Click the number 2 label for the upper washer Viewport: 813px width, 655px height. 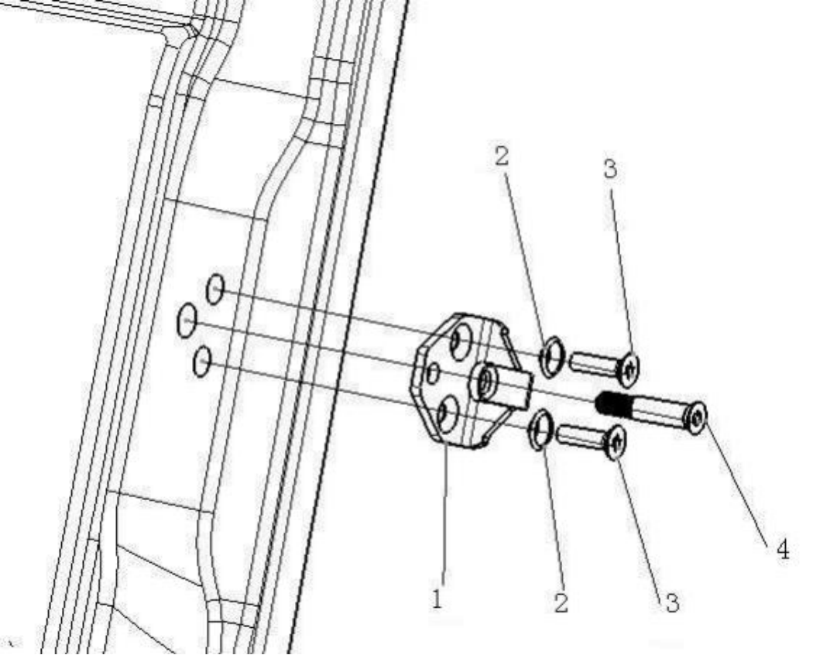(502, 157)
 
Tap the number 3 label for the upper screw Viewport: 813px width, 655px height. (610, 170)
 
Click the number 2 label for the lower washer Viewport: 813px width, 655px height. (560, 602)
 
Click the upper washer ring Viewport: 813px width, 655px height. (549, 357)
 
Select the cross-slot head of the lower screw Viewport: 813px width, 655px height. (616, 443)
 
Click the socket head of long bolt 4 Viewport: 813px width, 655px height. (697, 418)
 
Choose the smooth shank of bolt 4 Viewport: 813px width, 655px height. (655, 410)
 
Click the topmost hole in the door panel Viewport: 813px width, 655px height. (215, 290)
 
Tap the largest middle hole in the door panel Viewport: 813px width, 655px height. (187, 320)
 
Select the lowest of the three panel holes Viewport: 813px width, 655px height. (202, 362)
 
